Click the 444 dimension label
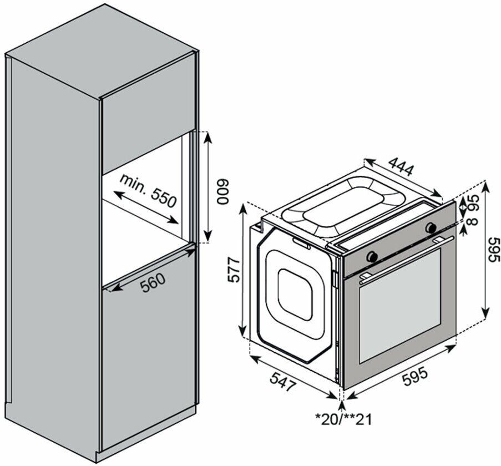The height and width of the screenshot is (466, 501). [x=401, y=166]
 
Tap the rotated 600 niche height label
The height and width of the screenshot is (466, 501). [x=222, y=193]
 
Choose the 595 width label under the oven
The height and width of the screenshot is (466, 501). [x=414, y=374]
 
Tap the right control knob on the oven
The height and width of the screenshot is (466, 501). [x=431, y=227]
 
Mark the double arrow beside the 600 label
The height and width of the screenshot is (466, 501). [x=206, y=187]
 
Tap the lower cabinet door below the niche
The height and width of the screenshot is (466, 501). [x=147, y=355]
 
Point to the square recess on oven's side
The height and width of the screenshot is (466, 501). [x=295, y=294]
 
